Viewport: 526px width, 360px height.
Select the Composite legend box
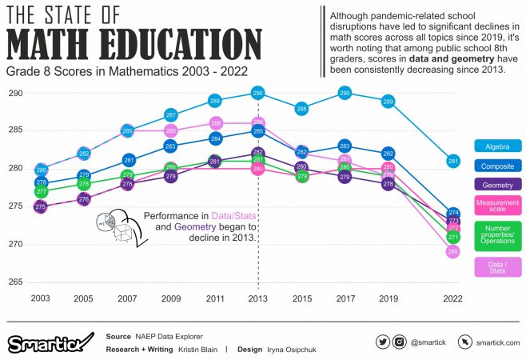(499, 166)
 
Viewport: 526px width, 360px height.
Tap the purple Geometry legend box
(499, 186)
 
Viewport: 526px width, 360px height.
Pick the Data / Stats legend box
(499, 266)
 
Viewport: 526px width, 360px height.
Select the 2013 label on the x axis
(257, 298)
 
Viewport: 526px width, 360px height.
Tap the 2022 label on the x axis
(453, 298)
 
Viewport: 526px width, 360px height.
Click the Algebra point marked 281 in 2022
(453, 162)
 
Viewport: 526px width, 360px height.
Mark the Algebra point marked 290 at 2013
(257, 94)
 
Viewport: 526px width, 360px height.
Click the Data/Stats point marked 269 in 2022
(453, 252)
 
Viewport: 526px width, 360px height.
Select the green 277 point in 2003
(42, 192)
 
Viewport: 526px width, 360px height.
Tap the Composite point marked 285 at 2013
(257, 131)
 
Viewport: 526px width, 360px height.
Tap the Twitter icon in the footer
(383, 342)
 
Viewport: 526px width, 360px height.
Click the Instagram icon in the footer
(400, 342)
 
